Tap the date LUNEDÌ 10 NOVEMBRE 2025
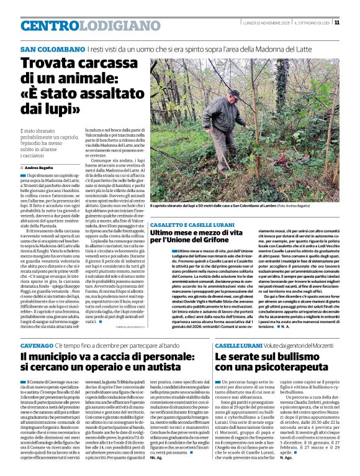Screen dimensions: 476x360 [266, 22]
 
